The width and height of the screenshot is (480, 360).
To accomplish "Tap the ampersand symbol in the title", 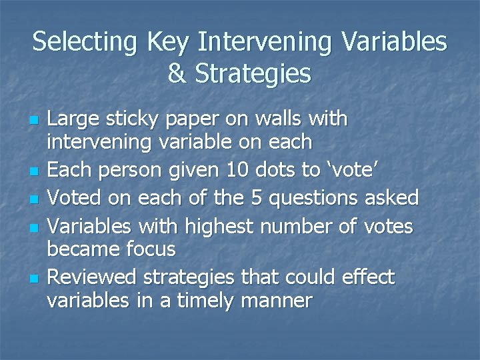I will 178,73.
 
